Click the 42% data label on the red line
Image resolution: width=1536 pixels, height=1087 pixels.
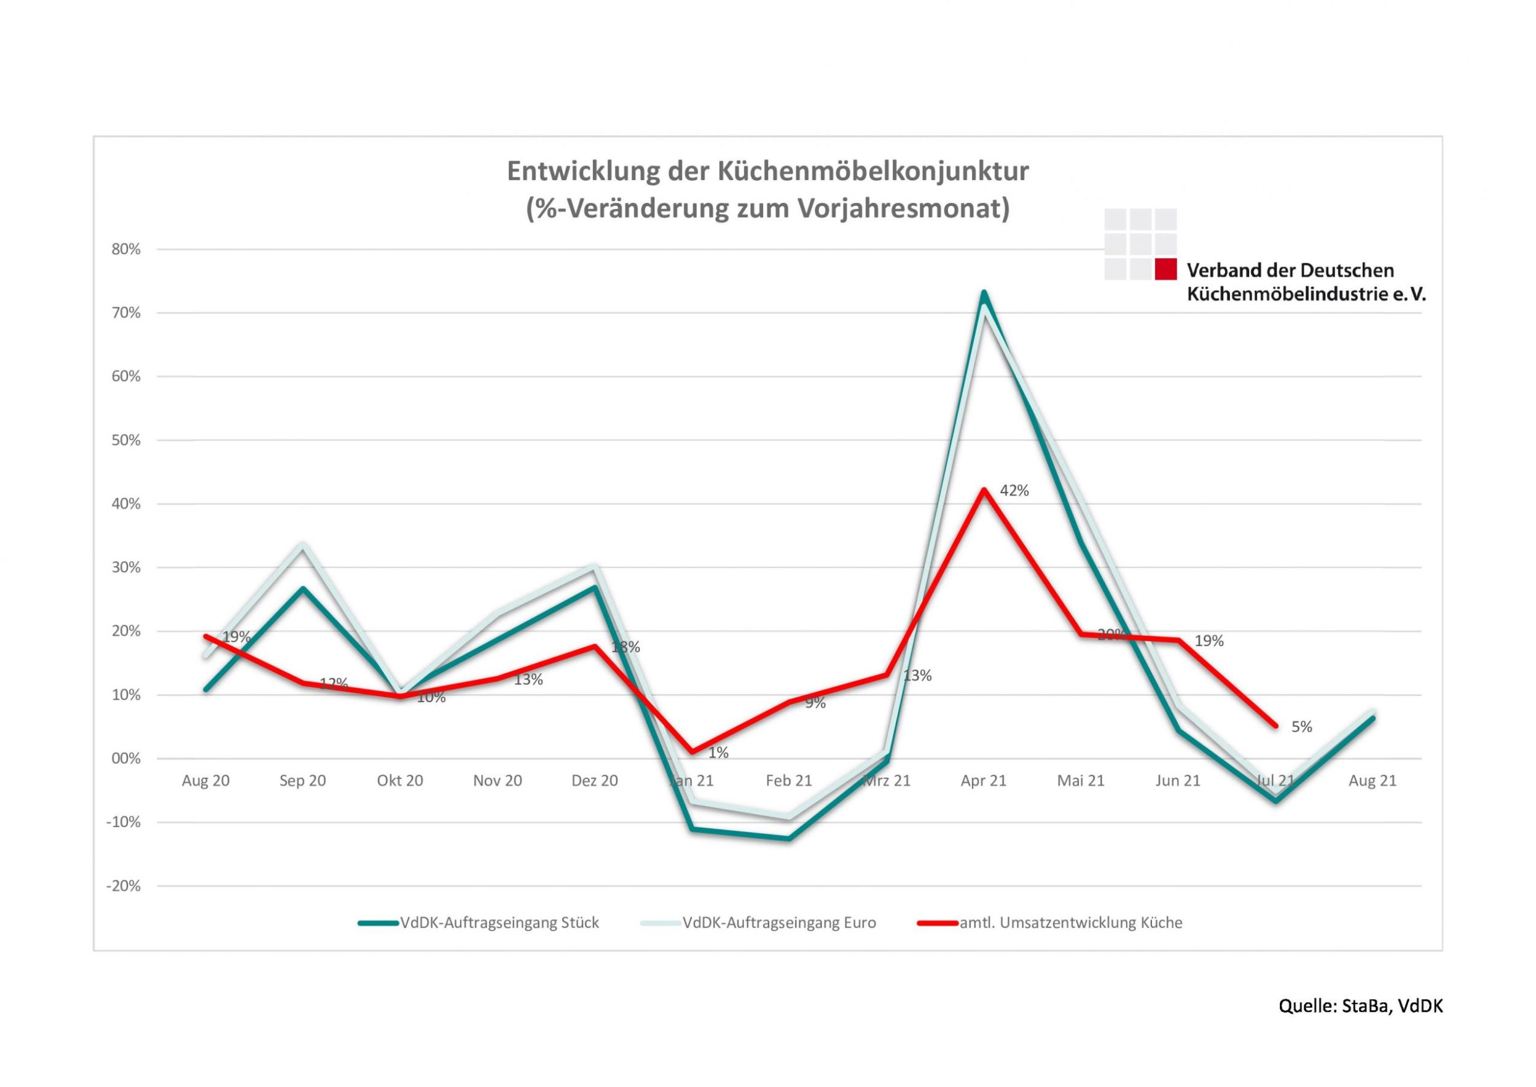coord(1014,491)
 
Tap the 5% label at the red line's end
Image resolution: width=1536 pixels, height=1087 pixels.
coord(1301,727)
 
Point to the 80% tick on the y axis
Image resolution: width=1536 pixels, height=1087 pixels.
coord(126,250)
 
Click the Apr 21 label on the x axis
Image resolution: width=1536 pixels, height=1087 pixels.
coord(983,780)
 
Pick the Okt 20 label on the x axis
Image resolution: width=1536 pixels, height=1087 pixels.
coord(399,780)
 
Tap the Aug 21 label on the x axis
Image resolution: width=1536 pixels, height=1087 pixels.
coord(1372,780)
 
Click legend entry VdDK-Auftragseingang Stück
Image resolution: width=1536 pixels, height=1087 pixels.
coord(499,923)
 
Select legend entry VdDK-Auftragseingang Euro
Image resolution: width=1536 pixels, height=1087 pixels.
coord(778,923)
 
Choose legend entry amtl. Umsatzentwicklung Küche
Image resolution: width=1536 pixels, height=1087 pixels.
coord(1070,923)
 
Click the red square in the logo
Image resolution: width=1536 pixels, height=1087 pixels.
coord(1166,269)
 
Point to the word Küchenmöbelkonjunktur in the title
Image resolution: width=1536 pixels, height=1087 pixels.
coord(873,172)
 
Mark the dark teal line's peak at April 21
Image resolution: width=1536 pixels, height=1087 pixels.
coord(984,293)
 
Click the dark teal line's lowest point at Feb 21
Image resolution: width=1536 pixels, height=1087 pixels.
coord(789,839)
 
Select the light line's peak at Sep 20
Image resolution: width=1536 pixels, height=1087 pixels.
coord(302,545)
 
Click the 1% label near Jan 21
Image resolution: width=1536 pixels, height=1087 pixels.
coord(718,753)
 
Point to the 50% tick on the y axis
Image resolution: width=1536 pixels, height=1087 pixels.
coord(126,440)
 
